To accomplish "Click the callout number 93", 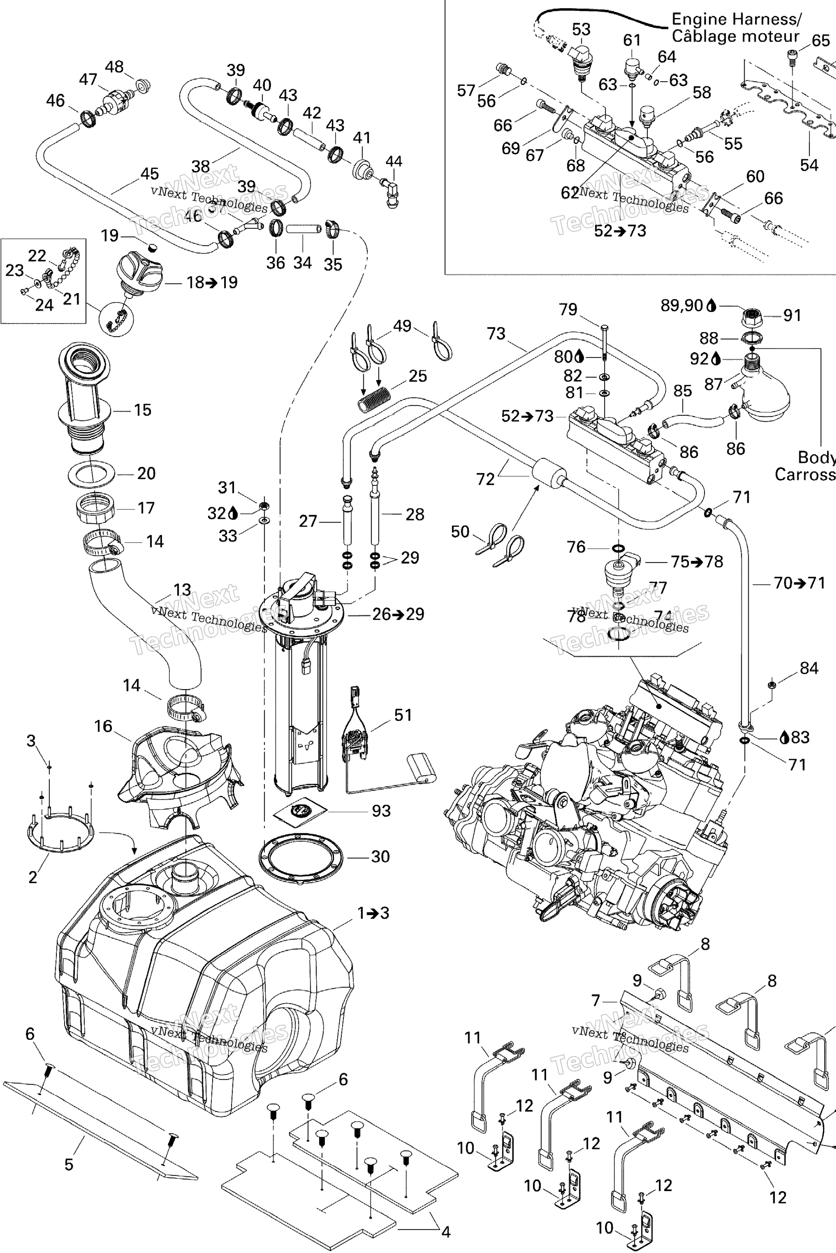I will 381,811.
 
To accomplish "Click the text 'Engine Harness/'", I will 736,20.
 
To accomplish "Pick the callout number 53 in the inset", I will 581,29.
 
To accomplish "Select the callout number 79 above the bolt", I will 568,310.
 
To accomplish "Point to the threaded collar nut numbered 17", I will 94,509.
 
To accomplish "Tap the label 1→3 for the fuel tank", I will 373,913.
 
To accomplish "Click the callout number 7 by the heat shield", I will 596,1001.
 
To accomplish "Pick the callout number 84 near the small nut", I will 809,668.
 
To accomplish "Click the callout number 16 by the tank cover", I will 103,726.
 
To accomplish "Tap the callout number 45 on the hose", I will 150,174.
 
